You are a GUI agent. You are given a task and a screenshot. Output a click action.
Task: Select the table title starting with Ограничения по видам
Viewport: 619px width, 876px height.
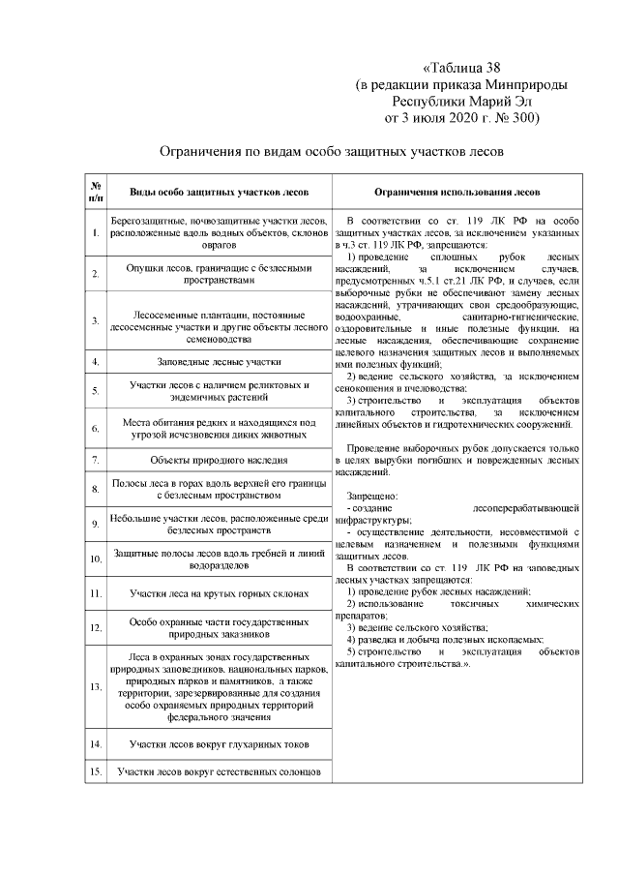click(333, 152)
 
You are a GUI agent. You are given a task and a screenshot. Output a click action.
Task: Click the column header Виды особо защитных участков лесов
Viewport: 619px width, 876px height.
click(219, 191)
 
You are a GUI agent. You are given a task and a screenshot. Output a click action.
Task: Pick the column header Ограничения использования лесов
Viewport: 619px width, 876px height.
click(457, 191)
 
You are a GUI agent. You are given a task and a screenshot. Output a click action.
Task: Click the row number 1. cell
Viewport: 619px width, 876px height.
click(96, 233)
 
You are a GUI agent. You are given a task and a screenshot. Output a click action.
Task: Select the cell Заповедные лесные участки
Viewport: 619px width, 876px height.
click(219, 362)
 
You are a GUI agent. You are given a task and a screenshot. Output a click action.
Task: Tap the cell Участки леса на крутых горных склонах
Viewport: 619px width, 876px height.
click(219, 592)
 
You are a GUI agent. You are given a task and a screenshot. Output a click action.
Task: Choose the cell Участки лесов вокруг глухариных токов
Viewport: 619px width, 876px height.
click(219, 743)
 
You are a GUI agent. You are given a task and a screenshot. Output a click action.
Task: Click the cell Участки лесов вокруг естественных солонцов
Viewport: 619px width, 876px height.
click(219, 772)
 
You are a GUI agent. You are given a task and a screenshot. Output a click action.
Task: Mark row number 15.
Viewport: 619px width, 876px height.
click(96, 772)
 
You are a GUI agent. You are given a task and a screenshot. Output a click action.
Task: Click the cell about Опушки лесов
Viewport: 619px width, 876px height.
click(219, 274)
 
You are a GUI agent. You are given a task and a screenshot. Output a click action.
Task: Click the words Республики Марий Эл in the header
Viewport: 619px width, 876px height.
click(461, 101)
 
